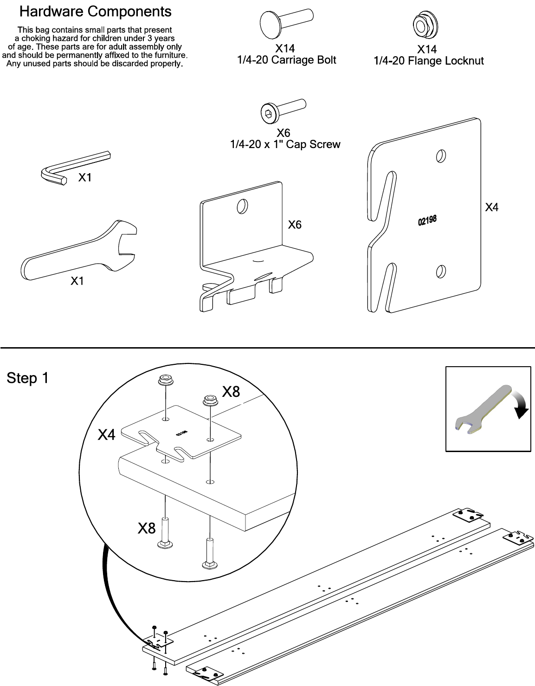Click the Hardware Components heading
(95, 12)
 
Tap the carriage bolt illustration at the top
(286, 23)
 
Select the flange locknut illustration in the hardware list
(425, 25)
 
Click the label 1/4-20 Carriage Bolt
(286, 60)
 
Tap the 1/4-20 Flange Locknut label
(428, 61)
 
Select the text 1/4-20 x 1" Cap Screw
(285, 144)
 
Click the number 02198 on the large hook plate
(427, 220)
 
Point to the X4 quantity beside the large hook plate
(491, 207)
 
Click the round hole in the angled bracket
(242, 206)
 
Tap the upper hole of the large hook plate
(441, 156)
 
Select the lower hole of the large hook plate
(441, 272)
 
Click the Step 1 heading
(28, 378)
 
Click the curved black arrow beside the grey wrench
(521, 404)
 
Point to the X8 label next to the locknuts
(231, 392)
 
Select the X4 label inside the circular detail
(107, 435)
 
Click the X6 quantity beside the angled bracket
(295, 225)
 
